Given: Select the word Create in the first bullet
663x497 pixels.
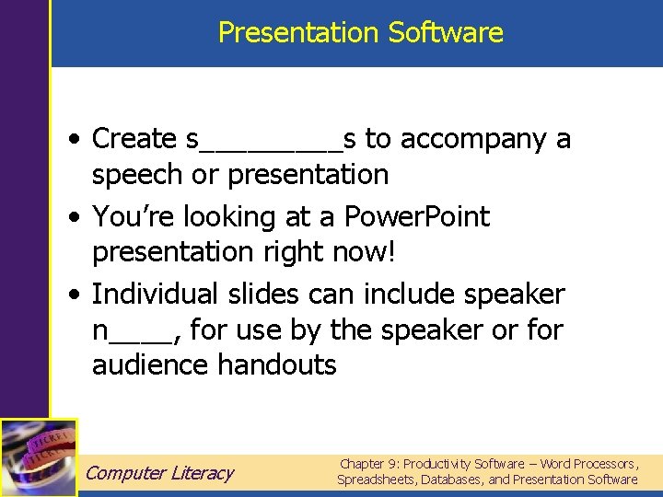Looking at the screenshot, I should pyautogui.click(x=134, y=139).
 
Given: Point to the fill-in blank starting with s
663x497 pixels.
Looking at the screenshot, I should pyautogui.click(x=272, y=140).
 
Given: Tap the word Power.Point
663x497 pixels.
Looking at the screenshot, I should pyautogui.click(x=416, y=217).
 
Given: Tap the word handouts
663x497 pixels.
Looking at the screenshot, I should pyautogui.click(x=277, y=365).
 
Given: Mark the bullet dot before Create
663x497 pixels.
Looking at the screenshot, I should pyautogui.click(x=71, y=140).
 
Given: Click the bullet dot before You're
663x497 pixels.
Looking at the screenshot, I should pyautogui.click(x=71, y=218).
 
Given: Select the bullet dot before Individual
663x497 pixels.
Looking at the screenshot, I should pyautogui.click(x=71, y=295).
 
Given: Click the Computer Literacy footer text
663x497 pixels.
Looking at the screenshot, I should pyautogui.click(x=159, y=473).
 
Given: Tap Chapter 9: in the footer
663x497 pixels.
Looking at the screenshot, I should pyautogui.click(x=371, y=464).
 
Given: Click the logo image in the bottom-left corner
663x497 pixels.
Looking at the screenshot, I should pyautogui.click(x=39, y=457).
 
